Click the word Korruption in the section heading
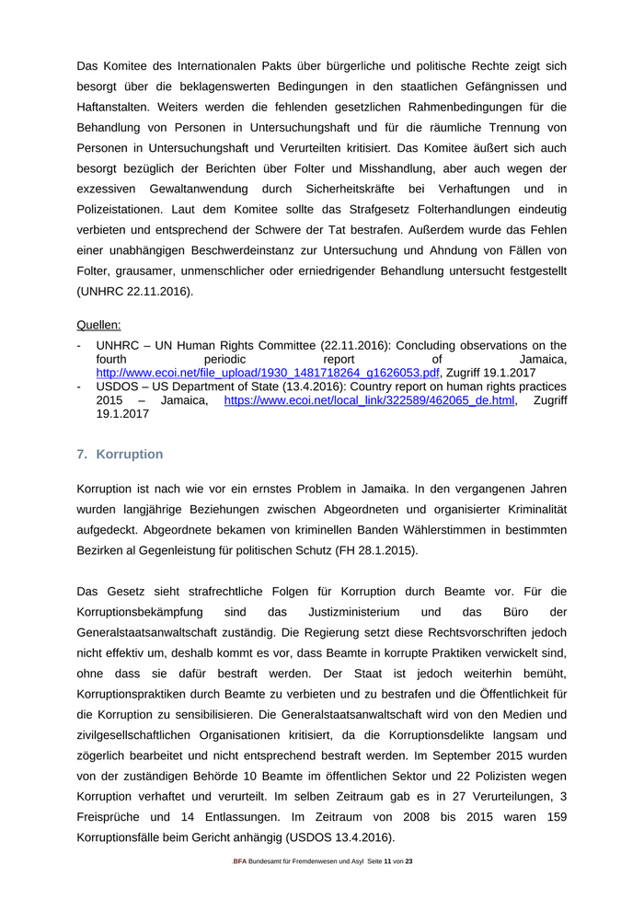pyautogui.click(x=129, y=455)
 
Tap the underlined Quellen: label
pyautogui.click(x=99, y=325)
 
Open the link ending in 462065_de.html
pyautogui.click(x=369, y=401)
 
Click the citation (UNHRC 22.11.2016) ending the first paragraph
pyautogui.click(x=135, y=291)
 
